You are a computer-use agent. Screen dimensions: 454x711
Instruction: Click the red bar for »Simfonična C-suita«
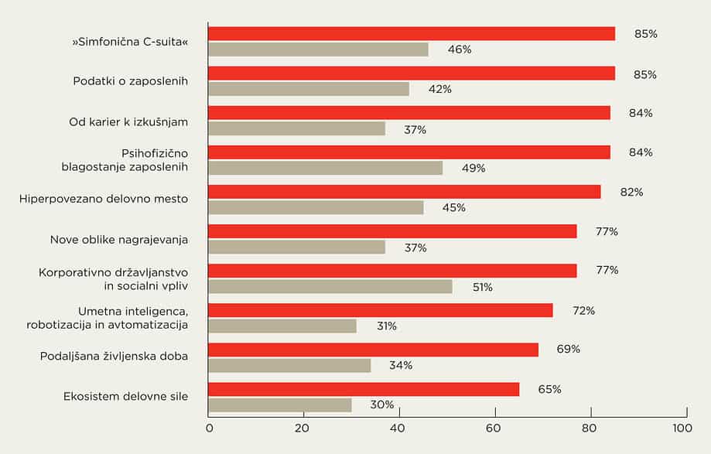point(412,34)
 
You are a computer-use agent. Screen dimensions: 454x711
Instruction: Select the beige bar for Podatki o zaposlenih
point(309,89)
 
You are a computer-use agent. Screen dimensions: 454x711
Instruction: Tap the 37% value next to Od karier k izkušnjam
point(415,129)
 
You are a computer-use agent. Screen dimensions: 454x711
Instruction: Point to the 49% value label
point(473,168)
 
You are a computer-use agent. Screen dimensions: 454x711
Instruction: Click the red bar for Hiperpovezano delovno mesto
point(404,192)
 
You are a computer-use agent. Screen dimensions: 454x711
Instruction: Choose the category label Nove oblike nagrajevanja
point(119,240)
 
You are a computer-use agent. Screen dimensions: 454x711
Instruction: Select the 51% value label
point(482,287)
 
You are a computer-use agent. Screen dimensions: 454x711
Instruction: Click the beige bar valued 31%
point(282,326)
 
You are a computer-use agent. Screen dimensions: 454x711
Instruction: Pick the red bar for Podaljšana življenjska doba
point(373,350)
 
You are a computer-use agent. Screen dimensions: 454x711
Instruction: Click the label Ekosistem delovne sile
point(125,397)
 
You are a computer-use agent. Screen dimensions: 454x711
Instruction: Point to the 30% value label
point(381,405)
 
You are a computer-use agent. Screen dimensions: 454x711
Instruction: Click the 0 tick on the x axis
point(209,428)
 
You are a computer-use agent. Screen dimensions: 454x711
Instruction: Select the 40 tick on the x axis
point(398,428)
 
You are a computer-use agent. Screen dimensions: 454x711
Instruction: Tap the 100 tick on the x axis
point(681,428)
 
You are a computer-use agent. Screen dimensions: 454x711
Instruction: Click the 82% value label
point(631,192)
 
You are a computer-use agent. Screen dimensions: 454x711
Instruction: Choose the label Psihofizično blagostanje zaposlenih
point(125,160)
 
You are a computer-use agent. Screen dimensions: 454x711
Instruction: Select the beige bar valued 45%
point(316,207)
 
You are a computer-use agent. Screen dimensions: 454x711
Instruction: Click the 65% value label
point(549,389)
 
